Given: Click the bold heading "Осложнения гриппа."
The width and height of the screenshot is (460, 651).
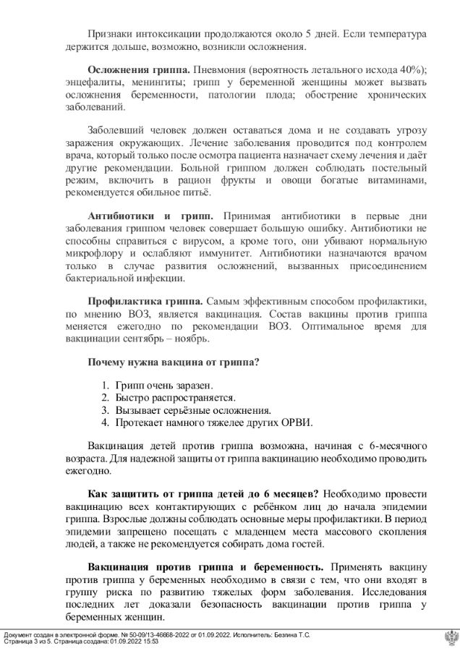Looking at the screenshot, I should click(138, 69).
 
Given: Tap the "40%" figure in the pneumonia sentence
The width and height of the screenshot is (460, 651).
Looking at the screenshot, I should click(411, 69).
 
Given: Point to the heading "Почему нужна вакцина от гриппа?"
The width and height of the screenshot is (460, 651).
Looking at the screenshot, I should click(174, 362).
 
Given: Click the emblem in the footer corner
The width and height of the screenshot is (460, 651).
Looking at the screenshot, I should click(449, 637).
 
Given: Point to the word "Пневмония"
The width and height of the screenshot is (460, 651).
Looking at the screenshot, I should click(221, 69).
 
